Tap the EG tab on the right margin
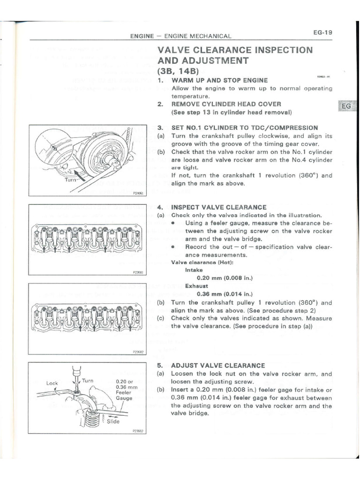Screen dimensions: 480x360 tap(346, 106)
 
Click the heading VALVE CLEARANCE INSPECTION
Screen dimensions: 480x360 tap(235, 50)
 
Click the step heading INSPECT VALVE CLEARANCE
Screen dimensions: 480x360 tap(219, 207)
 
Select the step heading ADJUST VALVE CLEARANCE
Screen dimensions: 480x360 tap(218, 365)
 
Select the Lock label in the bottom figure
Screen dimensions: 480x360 tap(52, 383)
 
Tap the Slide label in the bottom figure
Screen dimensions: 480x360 tap(112, 421)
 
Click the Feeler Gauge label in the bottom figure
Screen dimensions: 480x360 tap(124, 395)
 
